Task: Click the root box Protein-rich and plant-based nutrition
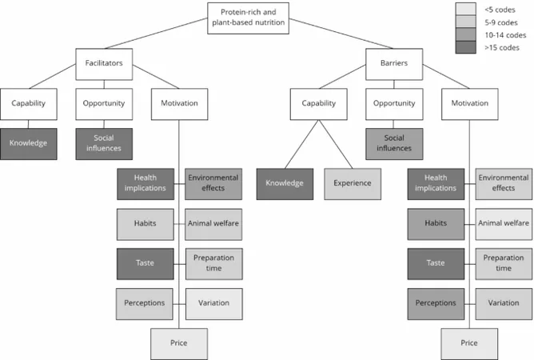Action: click(249, 18)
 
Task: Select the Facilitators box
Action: click(104, 64)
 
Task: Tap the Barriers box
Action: click(394, 64)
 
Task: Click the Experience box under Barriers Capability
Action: click(353, 184)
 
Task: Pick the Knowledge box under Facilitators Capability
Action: click(29, 144)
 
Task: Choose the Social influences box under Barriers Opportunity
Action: click(394, 144)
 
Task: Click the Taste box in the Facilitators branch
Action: click(145, 264)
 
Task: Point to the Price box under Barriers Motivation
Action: click(469, 344)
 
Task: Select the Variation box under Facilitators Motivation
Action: click(214, 304)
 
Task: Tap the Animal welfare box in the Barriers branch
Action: click(504, 224)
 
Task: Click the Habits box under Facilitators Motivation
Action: click(145, 224)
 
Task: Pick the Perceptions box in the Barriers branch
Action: click(436, 304)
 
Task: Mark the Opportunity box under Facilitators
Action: click(104, 104)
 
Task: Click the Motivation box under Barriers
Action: click(470, 104)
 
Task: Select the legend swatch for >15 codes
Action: click(465, 47)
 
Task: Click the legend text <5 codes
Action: click(500, 10)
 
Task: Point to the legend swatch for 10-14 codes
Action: click(465, 34)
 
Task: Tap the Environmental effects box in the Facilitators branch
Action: click(213, 184)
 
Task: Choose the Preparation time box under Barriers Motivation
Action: click(504, 264)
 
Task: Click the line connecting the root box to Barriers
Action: click(341, 34)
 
